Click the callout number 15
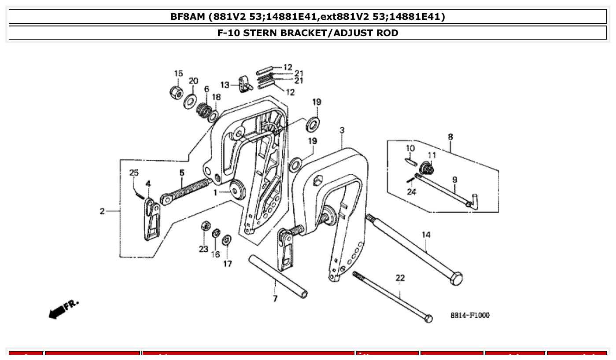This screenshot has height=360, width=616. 178,73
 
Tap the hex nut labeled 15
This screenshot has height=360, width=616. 177,92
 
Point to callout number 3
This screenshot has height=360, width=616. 342,130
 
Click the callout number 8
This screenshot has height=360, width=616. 450,137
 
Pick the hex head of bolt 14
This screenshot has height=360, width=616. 456,279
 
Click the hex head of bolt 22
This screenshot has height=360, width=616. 428,318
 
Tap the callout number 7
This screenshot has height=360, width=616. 275,299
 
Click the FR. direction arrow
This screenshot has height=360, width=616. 62,310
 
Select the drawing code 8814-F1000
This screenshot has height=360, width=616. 470,315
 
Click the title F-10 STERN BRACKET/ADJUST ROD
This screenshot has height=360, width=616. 308,33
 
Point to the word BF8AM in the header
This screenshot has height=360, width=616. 188,17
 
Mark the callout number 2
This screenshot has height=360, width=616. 102,211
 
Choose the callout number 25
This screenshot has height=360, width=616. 134,173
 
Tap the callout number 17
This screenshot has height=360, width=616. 227,264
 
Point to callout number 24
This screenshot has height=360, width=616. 411,191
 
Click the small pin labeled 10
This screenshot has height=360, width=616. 410,161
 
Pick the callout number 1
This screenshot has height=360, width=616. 216,192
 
